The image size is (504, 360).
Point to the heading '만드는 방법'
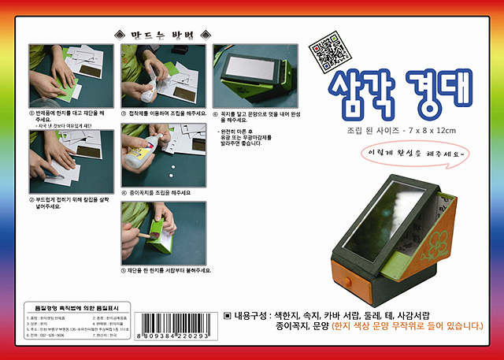click(x=162, y=35)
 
